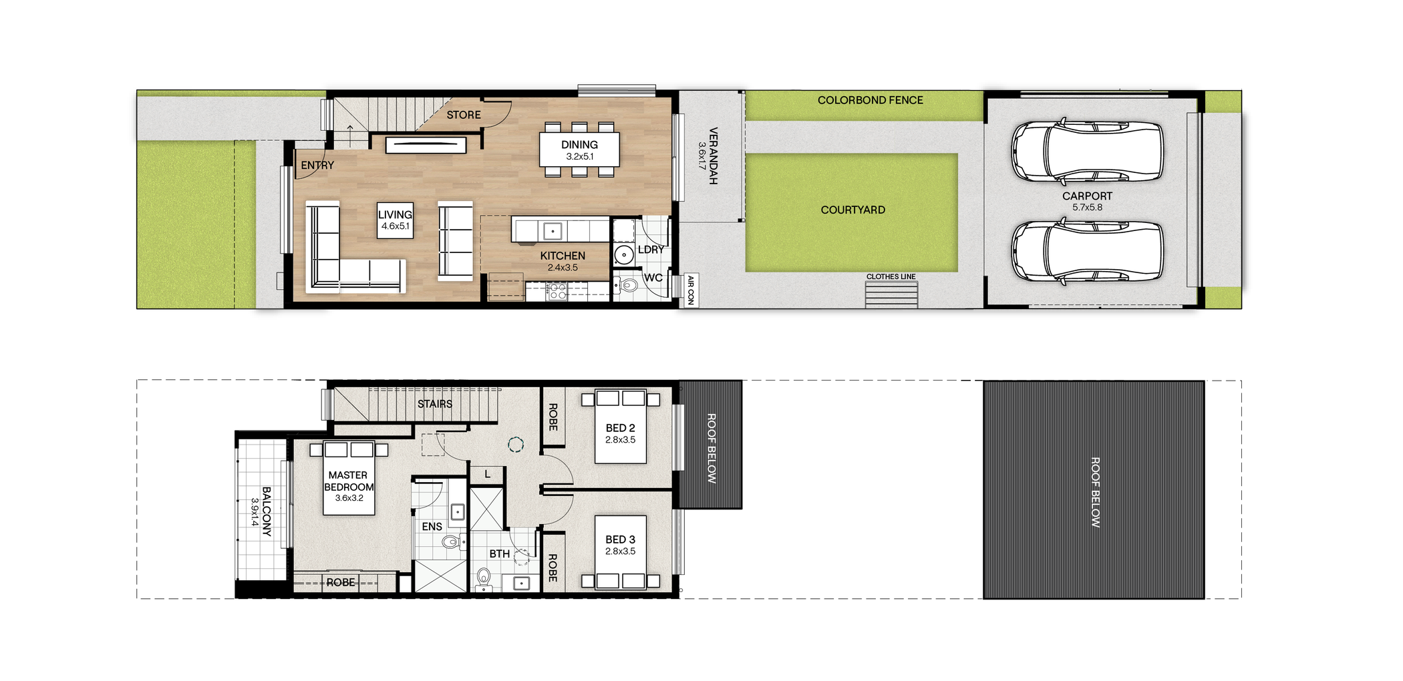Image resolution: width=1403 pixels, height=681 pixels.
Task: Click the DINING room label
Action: (579, 145)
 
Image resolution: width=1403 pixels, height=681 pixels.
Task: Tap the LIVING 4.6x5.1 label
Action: (395, 220)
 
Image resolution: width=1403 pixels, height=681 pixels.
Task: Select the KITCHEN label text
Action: (563, 256)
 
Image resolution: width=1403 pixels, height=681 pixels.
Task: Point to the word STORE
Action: (464, 115)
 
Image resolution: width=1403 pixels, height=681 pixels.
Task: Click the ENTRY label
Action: (317, 165)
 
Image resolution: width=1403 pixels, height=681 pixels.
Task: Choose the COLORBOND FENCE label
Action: (870, 100)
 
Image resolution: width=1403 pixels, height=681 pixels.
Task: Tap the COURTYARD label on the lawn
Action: (852, 210)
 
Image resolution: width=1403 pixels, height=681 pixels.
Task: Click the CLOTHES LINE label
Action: (891, 276)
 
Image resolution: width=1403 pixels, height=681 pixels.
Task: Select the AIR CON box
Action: (691, 290)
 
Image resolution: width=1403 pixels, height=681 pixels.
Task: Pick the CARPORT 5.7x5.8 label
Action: (1087, 201)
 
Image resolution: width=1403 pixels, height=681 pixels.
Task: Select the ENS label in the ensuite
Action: (432, 527)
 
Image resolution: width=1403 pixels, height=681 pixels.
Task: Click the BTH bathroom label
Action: (499, 554)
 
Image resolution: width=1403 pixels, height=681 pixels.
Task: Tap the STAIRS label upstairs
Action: (435, 404)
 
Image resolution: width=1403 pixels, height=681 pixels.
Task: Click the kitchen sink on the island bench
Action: (553, 231)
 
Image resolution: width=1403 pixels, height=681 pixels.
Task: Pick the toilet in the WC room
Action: (627, 286)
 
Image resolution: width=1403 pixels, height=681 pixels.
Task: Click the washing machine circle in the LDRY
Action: (623, 254)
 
